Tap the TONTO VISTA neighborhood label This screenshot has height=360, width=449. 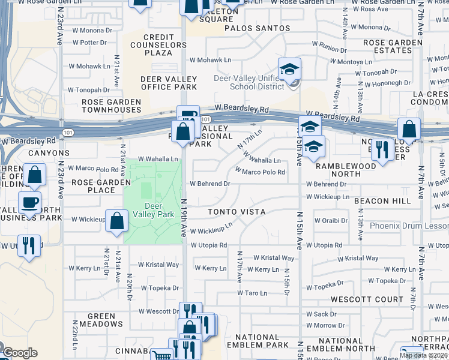tap(237, 212)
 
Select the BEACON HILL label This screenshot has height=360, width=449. tap(382, 201)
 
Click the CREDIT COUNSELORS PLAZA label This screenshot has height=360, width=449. tap(159, 45)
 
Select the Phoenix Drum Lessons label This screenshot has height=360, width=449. tap(409, 226)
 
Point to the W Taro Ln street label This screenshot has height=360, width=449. tap(252, 293)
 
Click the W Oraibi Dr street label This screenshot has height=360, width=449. tap(331, 221)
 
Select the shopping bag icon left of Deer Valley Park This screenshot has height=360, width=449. tap(116, 221)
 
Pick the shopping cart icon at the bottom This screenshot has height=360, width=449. tap(160, 356)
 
